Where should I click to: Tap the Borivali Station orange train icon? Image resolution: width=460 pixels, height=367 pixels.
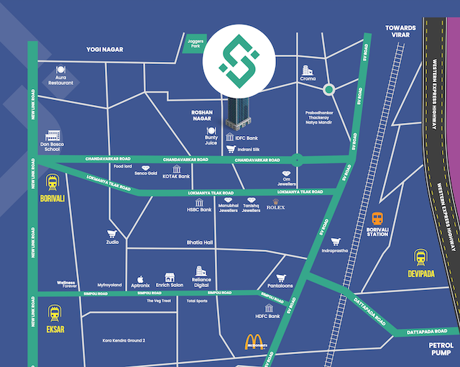(377, 218)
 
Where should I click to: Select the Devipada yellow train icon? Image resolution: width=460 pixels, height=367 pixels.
(420, 257)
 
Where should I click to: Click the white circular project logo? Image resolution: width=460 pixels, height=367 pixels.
(233, 62)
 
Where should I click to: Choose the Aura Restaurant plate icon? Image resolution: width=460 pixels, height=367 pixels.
(60, 71)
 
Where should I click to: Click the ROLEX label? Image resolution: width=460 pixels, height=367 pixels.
(276, 207)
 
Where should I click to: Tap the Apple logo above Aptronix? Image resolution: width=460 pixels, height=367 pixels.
(141, 278)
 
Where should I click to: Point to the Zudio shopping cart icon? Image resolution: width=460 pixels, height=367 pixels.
(111, 234)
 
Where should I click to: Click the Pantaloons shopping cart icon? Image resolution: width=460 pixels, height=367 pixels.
(281, 278)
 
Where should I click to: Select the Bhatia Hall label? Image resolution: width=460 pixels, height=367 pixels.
(200, 243)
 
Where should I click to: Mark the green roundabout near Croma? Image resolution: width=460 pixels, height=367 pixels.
(328, 89)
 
